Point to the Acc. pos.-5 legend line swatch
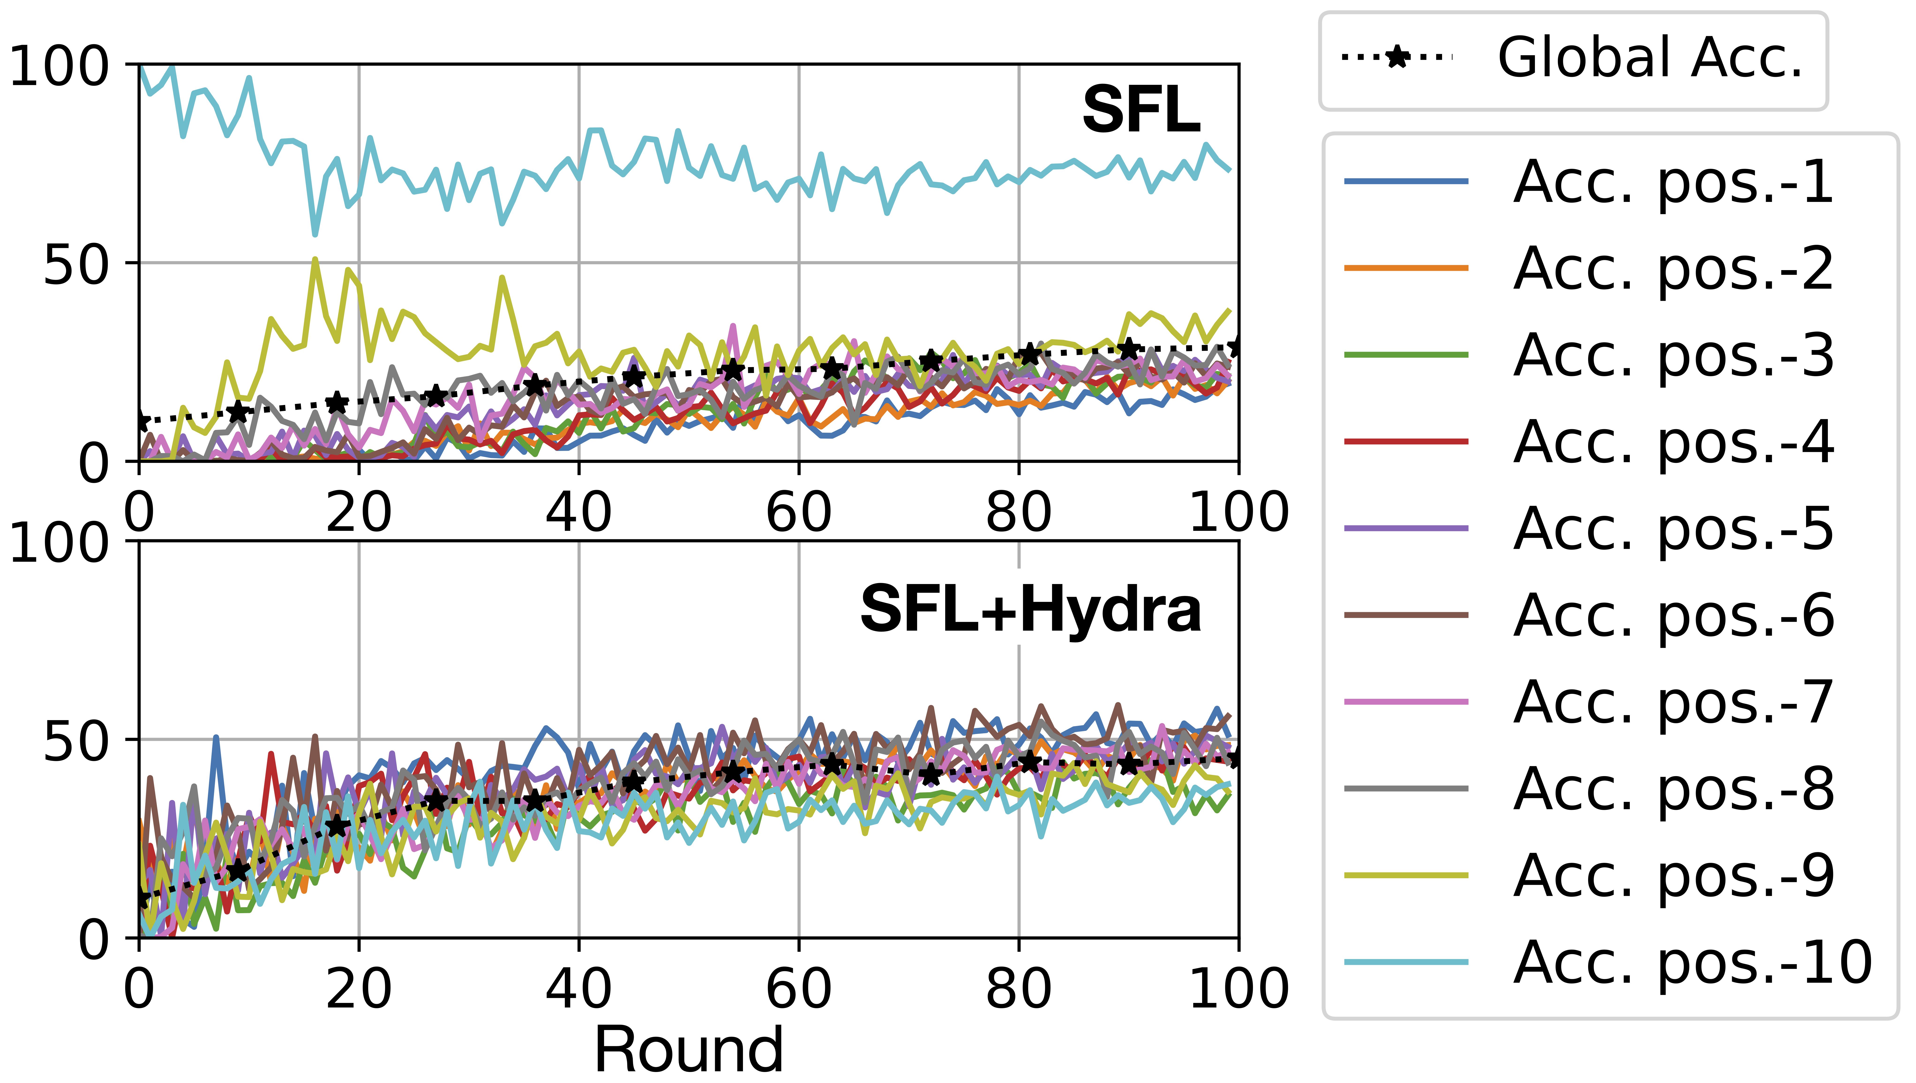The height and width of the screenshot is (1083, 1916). click(1406, 528)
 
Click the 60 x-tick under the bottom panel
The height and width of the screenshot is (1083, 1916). click(799, 989)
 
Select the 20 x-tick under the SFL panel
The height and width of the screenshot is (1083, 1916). click(359, 513)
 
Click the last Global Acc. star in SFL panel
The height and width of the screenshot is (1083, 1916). click(1237, 347)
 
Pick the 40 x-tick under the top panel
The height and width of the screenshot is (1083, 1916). click(579, 513)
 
